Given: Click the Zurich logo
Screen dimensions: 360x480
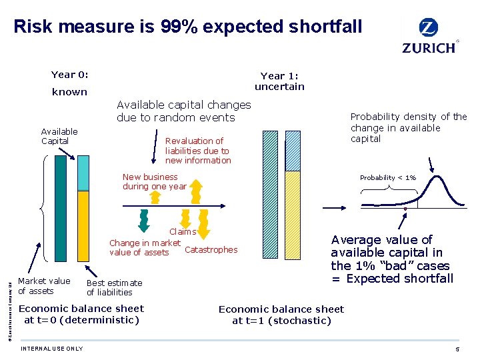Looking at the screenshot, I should click(429, 36).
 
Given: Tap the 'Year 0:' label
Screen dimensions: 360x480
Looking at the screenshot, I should click(70, 75).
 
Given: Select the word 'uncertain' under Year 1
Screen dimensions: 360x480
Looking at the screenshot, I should click(279, 87).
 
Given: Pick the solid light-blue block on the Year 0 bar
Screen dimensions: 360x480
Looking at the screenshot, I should click(83, 173).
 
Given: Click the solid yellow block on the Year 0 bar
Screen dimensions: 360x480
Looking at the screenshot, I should click(83, 229).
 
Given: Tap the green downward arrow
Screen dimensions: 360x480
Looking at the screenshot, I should click(143, 217).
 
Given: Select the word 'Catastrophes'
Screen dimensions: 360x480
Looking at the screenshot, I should click(211, 250).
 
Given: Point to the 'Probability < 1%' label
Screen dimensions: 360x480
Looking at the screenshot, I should click(388, 178).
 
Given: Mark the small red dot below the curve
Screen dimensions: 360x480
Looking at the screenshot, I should click(405, 209).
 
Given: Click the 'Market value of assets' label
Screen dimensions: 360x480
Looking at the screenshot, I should click(44, 285).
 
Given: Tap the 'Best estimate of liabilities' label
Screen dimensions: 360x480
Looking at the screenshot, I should click(114, 287).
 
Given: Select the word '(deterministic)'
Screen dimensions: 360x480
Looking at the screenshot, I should click(98, 320).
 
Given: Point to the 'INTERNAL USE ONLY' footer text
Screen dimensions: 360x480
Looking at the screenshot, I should click(52, 349).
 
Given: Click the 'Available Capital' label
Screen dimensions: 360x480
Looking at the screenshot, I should click(59, 136).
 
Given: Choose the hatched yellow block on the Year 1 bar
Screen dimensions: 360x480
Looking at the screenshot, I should click(292, 220).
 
